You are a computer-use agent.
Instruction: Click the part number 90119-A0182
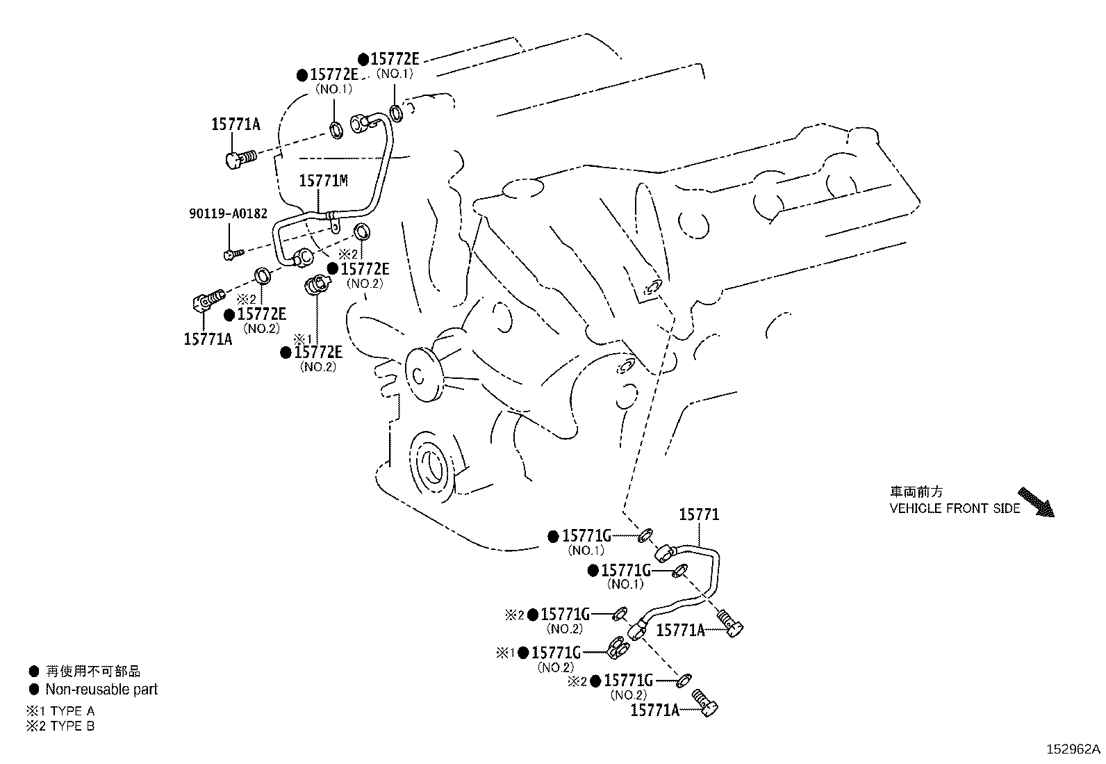228,215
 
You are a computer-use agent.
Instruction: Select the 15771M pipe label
323,181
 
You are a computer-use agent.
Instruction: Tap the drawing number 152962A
1074,749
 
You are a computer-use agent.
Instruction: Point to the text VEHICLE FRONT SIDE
955,509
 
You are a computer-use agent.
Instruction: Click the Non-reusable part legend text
101,690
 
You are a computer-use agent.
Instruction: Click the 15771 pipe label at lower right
699,514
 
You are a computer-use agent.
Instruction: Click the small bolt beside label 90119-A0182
232,254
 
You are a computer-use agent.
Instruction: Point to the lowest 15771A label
654,710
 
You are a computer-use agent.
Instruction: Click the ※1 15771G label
555,653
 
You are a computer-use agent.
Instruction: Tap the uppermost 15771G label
586,536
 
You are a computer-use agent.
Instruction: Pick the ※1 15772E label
317,352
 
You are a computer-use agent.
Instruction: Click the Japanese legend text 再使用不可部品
93,671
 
